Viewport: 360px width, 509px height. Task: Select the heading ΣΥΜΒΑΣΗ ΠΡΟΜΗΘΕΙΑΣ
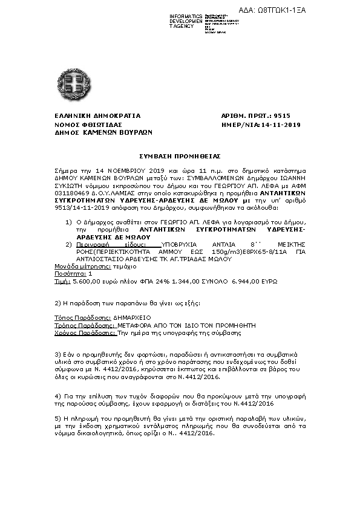tap(180, 155)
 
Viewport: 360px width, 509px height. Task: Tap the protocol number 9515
tap(282, 115)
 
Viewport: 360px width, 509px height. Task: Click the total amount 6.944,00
tap(244, 281)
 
